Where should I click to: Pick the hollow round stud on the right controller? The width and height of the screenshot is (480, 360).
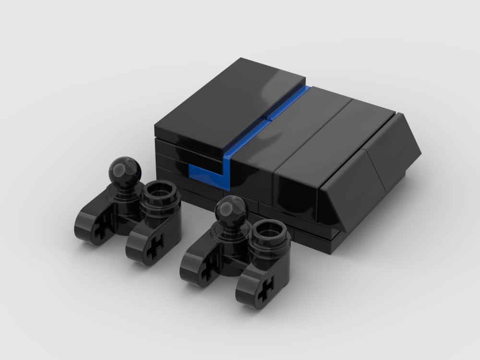click(x=272, y=234)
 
